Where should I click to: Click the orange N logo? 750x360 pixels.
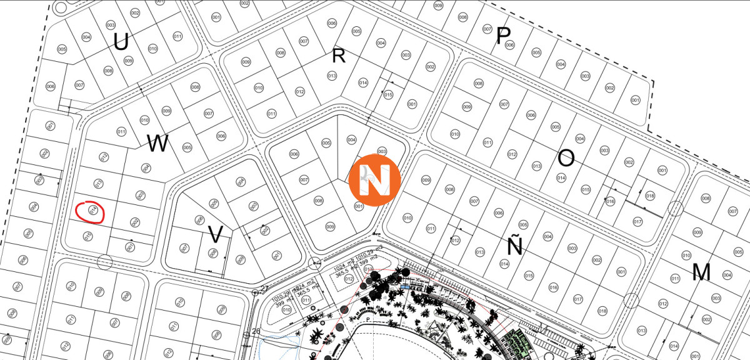click(374, 179)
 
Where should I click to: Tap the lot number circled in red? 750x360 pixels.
click(93, 211)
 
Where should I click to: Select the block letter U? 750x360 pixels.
click(121, 42)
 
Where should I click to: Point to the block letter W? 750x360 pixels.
click(158, 144)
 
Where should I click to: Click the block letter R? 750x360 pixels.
click(339, 56)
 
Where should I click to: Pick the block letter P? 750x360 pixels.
click(502, 36)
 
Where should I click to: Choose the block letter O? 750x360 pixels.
click(566, 158)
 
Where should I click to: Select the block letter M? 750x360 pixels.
click(702, 272)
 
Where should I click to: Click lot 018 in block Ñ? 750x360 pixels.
click(602, 311)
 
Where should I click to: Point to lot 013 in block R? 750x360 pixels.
click(332, 76)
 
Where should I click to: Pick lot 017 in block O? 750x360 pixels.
click(637, 222)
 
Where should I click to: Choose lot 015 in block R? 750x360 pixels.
click(388, 95)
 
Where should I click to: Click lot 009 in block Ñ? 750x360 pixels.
click(426, 181)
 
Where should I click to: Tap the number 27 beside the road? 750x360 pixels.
click(264, 288)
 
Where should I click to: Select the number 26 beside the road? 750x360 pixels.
click(256, 331)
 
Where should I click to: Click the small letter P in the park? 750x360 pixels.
click(369, 319)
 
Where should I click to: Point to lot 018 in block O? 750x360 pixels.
click(650, 196)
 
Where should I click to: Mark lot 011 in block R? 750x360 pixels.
click(271, 114)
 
